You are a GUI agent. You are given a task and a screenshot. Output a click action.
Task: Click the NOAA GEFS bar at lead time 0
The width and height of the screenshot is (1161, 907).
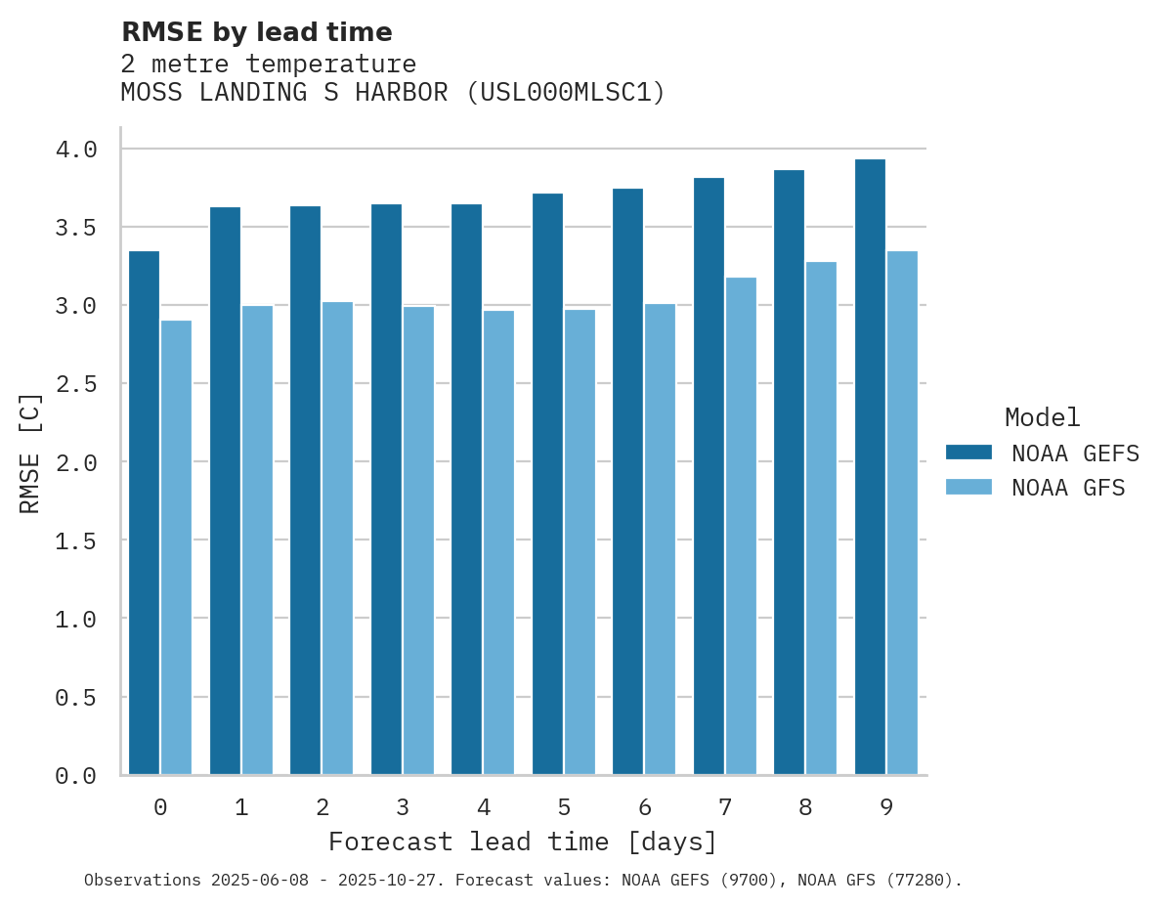point(144,513)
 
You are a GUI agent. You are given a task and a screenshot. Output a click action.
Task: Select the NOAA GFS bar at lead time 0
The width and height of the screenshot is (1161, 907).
point(176,547)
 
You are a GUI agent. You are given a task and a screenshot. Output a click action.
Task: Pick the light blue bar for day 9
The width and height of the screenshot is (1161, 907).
point(902,513)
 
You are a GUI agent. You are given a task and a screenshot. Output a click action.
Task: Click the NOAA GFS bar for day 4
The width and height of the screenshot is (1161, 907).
point(498,542)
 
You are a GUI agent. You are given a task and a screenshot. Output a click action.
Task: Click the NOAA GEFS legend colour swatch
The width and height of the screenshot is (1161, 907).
point(968,453)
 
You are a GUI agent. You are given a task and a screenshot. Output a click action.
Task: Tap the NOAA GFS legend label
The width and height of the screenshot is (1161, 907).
point(1068,488)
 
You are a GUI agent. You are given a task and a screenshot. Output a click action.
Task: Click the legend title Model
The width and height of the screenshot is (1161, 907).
point(1042,417)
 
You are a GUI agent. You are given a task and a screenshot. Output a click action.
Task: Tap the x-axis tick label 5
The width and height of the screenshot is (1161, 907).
point(564,807)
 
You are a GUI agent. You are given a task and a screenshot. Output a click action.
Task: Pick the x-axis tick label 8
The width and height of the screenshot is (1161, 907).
point(805,807)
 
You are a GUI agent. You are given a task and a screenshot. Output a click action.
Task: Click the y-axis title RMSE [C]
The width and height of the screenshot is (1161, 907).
point(30,453)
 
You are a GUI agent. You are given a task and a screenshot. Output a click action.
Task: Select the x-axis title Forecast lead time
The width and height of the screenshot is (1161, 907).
point(522,842)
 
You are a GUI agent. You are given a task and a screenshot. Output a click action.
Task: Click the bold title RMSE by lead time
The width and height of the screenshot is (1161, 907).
point(256,32)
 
